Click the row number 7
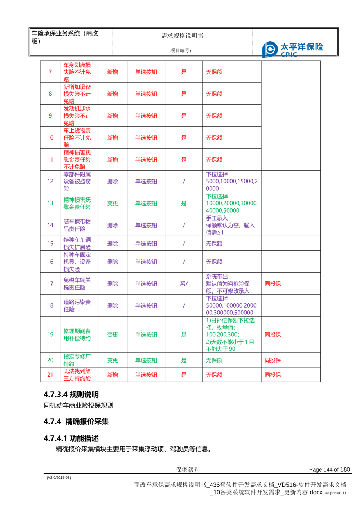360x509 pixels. coord(50,72)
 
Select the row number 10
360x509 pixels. coord(50,138)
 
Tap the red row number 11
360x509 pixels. coord(50,160)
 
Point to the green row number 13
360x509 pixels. coord(50,203)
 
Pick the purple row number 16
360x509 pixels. coord(50,262)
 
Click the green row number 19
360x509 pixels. coord(50,334)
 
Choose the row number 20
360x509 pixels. coord(50,360)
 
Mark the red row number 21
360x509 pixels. coord(50,375)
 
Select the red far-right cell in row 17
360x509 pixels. coord(273,284)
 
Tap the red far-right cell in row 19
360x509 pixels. coord(273,335)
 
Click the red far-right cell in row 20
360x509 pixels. coord(273,360)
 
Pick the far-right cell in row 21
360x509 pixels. coord(273,375)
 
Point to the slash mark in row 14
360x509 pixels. coord(184,226)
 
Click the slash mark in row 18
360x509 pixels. coord(184,306)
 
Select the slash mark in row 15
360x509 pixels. coord(184,244)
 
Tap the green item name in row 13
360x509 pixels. coord(77,203)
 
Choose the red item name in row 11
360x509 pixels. coord(77,160)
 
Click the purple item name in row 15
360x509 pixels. coord(77,244)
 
